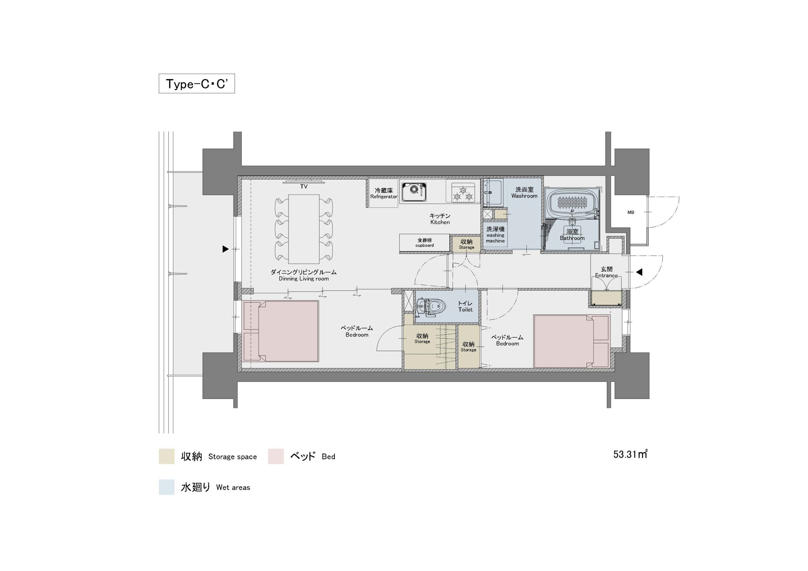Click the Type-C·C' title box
197,83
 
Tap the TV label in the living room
304,187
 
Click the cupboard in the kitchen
425,242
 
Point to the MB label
631,213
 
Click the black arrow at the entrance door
639,272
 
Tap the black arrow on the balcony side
226,249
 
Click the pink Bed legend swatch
276,456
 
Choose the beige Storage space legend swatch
166,456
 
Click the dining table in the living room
304,229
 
